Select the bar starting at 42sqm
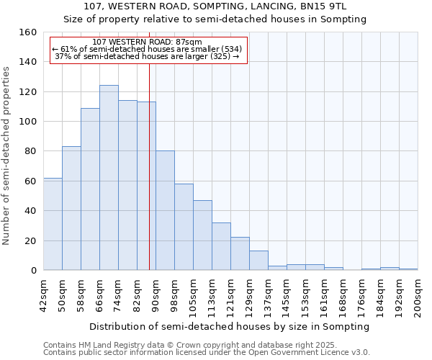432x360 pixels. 53,224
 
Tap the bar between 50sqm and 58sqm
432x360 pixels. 71,208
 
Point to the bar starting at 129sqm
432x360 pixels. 258,261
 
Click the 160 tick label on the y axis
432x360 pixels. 30,32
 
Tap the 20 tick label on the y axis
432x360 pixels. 32,240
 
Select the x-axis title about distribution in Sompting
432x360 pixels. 230,326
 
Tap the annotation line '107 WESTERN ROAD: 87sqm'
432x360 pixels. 148,42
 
